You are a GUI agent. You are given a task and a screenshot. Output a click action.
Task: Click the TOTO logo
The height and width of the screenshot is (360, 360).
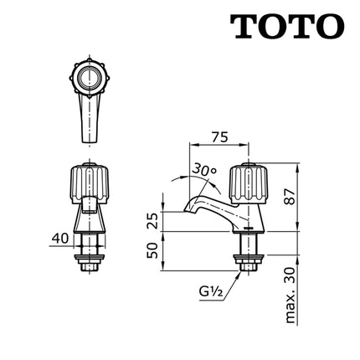(287, 28)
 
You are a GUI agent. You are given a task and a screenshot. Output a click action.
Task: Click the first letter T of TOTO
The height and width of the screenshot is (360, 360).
(244, 28)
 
